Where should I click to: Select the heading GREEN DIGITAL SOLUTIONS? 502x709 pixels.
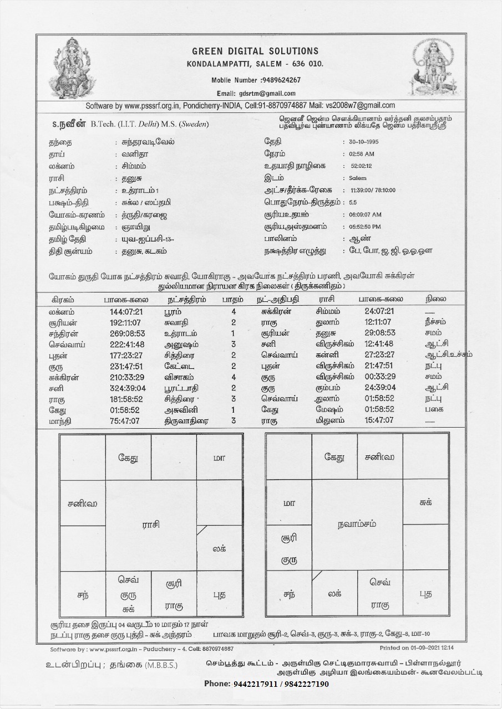tap(255, 52)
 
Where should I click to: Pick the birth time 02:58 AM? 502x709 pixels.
tap(362, 154)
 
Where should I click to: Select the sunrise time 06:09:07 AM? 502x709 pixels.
tap(365, 214)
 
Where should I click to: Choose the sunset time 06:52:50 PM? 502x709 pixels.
tap(365, 227)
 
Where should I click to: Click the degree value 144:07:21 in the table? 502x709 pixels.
tap(126, 312)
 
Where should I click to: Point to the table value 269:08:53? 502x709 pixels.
tap(127, 333)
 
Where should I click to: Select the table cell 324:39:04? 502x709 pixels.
tap(128, 388)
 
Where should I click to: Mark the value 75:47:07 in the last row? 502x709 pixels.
tap(125, 420)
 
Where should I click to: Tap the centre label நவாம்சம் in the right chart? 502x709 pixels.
tap(357, 524)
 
